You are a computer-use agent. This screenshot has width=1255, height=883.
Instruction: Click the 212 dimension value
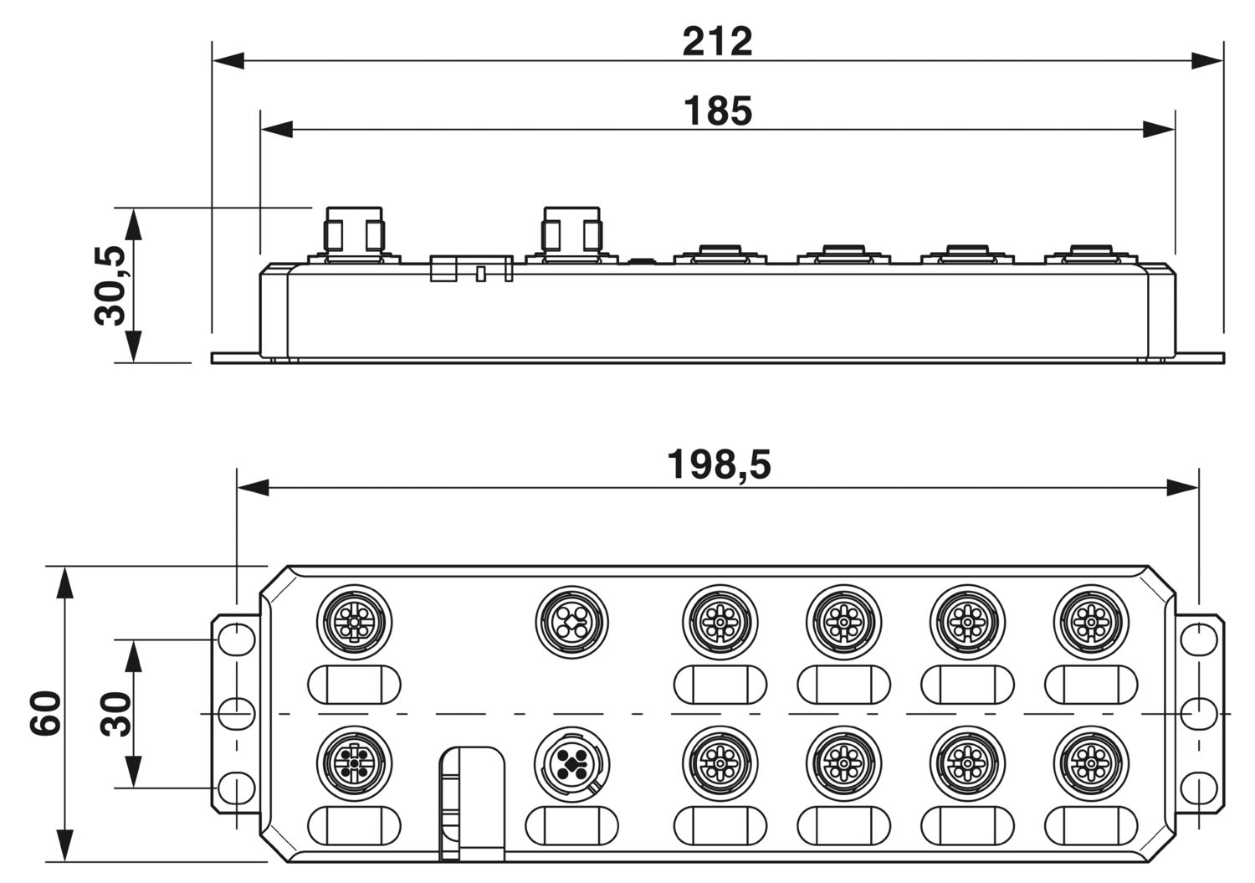717,42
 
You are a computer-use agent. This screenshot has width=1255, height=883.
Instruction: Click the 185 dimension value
718,111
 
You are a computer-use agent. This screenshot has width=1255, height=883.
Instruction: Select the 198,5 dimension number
719,465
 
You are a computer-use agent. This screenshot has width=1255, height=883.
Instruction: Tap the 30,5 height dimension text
110,285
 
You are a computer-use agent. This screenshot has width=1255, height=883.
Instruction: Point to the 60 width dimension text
45,713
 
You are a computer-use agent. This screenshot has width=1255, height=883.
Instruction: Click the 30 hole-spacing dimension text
115,714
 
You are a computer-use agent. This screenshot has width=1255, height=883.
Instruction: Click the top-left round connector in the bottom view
354,622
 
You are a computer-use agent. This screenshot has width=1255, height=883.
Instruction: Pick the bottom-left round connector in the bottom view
354,763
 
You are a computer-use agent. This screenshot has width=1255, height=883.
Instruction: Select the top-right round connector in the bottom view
1091,622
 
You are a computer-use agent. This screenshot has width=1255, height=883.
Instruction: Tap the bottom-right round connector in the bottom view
1091,763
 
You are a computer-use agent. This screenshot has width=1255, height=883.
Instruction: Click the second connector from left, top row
572,622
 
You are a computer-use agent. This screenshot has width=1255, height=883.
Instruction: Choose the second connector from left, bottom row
572,763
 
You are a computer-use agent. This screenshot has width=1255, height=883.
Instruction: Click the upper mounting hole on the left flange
237,639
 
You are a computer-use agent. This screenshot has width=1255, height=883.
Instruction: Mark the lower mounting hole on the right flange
1199,788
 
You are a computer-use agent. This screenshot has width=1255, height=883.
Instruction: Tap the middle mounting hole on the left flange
237,714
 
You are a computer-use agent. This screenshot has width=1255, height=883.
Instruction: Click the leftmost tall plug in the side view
354,235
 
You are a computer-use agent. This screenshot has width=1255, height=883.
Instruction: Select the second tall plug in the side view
572,235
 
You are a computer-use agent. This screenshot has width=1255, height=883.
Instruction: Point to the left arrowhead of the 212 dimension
228,60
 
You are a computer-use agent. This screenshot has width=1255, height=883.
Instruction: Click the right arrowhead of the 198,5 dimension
1182,488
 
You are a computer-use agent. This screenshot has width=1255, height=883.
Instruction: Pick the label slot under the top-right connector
1091,685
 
